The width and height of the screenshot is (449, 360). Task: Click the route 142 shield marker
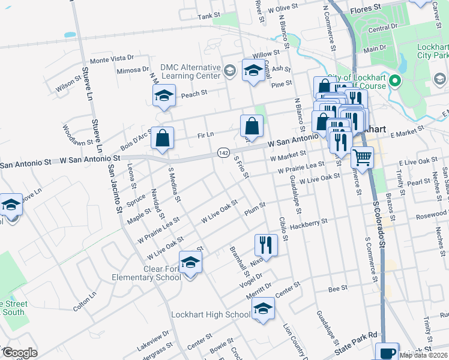[222, 154]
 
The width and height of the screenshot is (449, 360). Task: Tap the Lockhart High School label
[211, 314]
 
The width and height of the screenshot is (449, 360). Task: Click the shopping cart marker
[362, 157]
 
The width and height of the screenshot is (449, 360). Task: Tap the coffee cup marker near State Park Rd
[387, 352]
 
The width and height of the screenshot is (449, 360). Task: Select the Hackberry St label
[308, 224]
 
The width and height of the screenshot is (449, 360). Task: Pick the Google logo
[19, 352]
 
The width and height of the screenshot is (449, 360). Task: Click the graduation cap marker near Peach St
[163, 95]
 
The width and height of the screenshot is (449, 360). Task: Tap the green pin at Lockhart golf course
[394, 81]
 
